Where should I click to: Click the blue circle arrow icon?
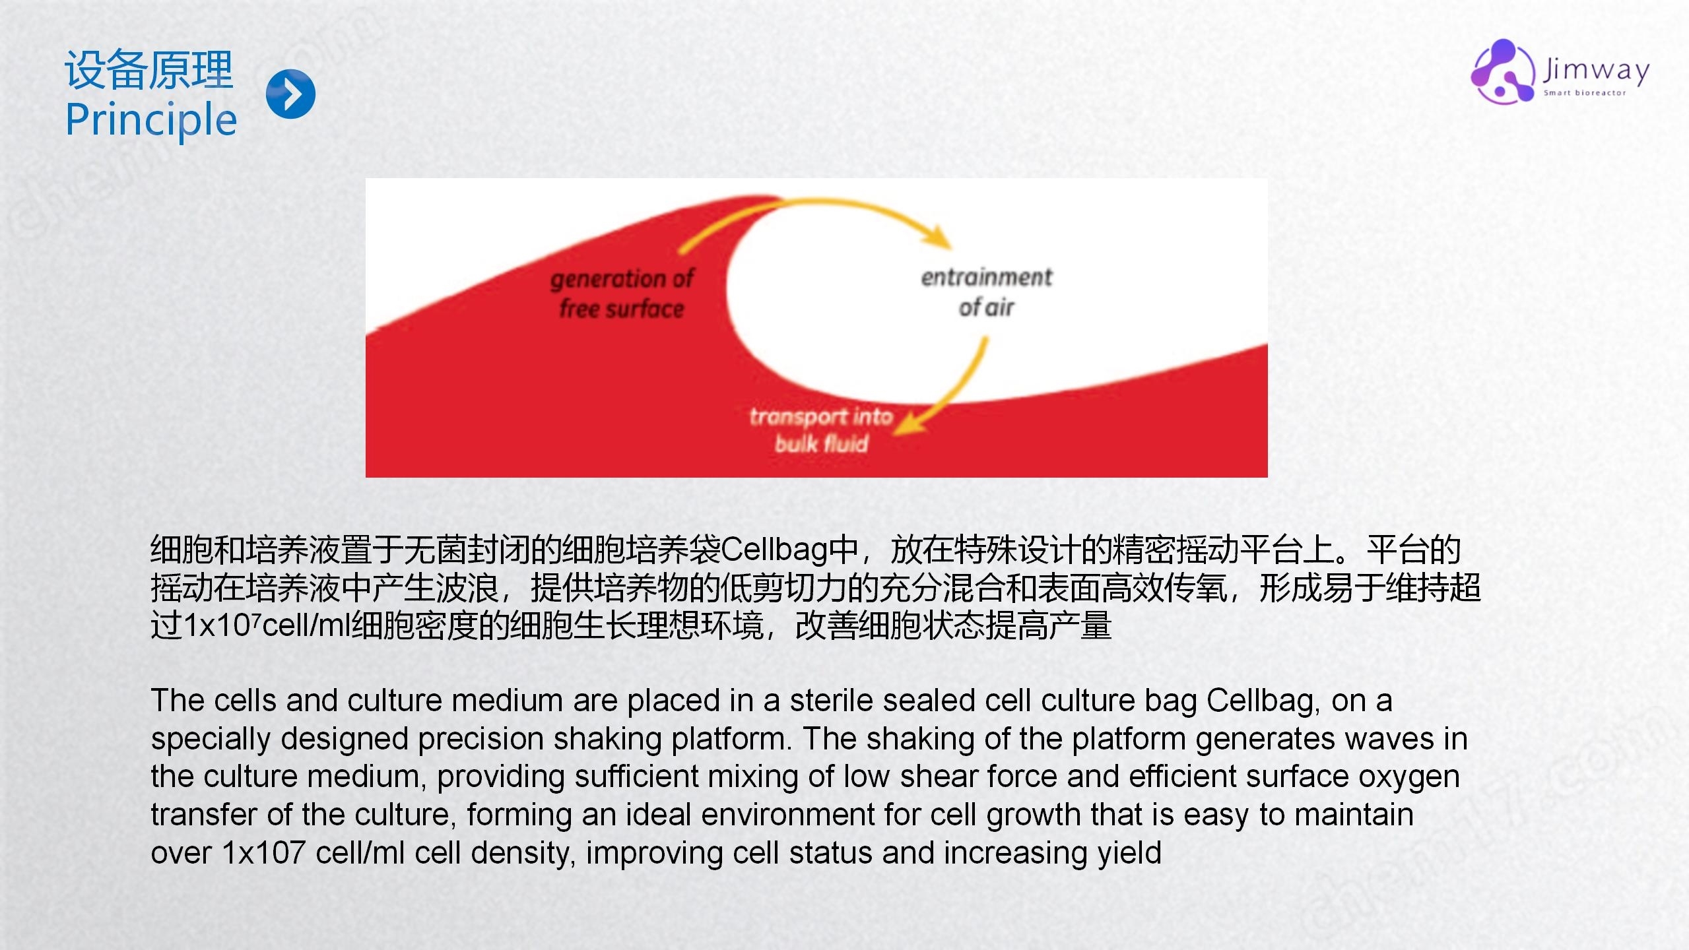pos(290,94)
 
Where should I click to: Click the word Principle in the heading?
pos(151,121)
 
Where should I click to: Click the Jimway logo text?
pos(1596,69)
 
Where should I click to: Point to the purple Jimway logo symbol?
pos(1503,71)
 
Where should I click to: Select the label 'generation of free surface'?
pos(622,294)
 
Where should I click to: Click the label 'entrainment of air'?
pos(986,292)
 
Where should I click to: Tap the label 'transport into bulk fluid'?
pos(821,429)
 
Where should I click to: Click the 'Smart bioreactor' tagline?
pos(1584,93)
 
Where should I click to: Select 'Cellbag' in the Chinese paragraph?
pos(774,550)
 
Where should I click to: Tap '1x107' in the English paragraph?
pos(263,852)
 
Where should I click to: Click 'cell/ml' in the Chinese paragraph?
pos(306,625)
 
